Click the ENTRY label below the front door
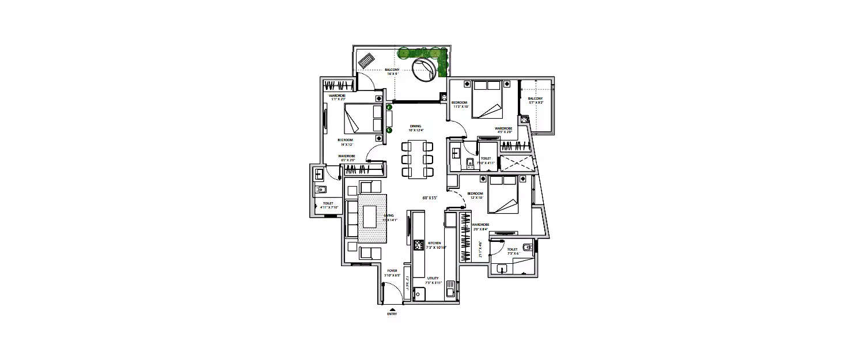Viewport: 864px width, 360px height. [392, 314]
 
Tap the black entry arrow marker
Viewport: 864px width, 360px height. [392, 309]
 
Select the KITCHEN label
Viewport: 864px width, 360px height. [435, 243]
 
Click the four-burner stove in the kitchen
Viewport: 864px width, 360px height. [419, 245]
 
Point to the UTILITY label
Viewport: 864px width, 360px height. [433, 278]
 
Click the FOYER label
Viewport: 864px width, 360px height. [392, 270]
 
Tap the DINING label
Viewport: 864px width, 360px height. [415, 126]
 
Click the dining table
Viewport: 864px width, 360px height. [416, 158]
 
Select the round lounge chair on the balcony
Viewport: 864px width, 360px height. [425, 71]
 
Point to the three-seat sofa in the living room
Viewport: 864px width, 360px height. [351, 218]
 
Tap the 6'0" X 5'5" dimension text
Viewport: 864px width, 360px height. [430, 198]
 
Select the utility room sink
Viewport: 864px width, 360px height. [450, 293]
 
